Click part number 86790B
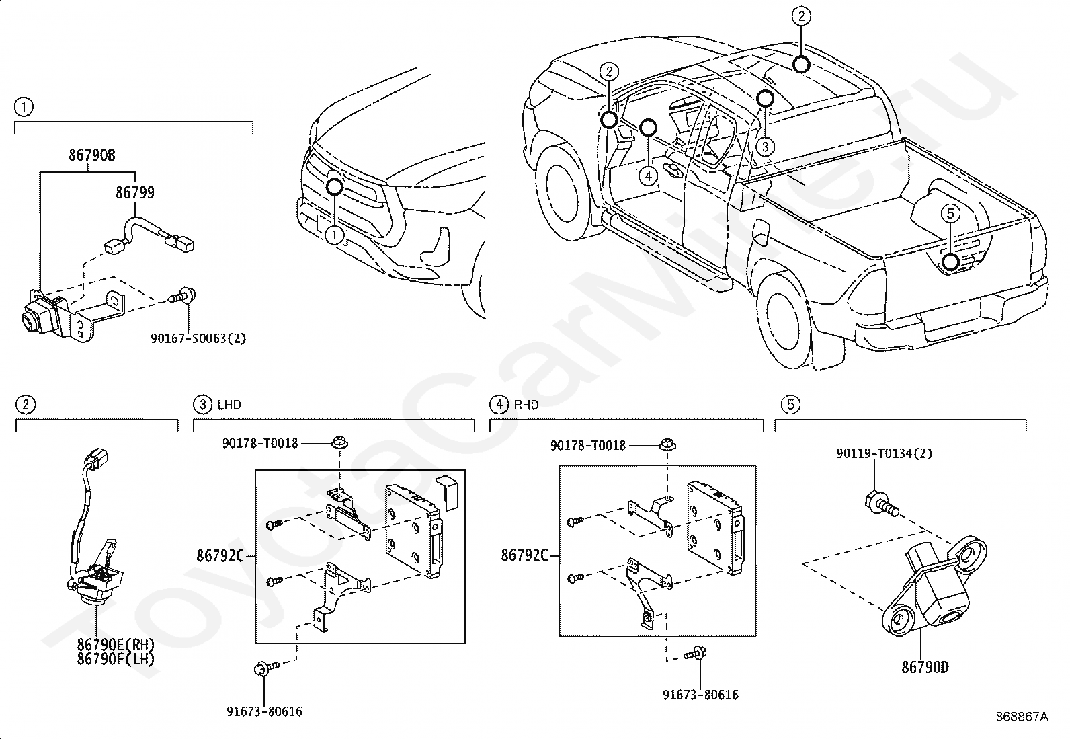[91, 155]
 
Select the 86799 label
[134, 192]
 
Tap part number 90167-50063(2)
[198, 338]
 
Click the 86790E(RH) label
[116, 645]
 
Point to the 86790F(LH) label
[116, 659]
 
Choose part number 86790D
[925, 667]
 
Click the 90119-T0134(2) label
[884, 453]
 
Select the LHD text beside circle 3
[229, 405]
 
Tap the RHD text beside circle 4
[526, 405]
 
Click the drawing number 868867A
[1022, 717]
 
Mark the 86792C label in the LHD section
[220, 556]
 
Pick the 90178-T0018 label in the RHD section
[588, 446]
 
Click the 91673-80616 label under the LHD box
[265, 711]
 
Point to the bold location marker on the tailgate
[950, 262]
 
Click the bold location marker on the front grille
[335, 186]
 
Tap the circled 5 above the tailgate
[950, 213]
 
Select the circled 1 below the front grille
[335, 235]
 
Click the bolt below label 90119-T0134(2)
[881, 505]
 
